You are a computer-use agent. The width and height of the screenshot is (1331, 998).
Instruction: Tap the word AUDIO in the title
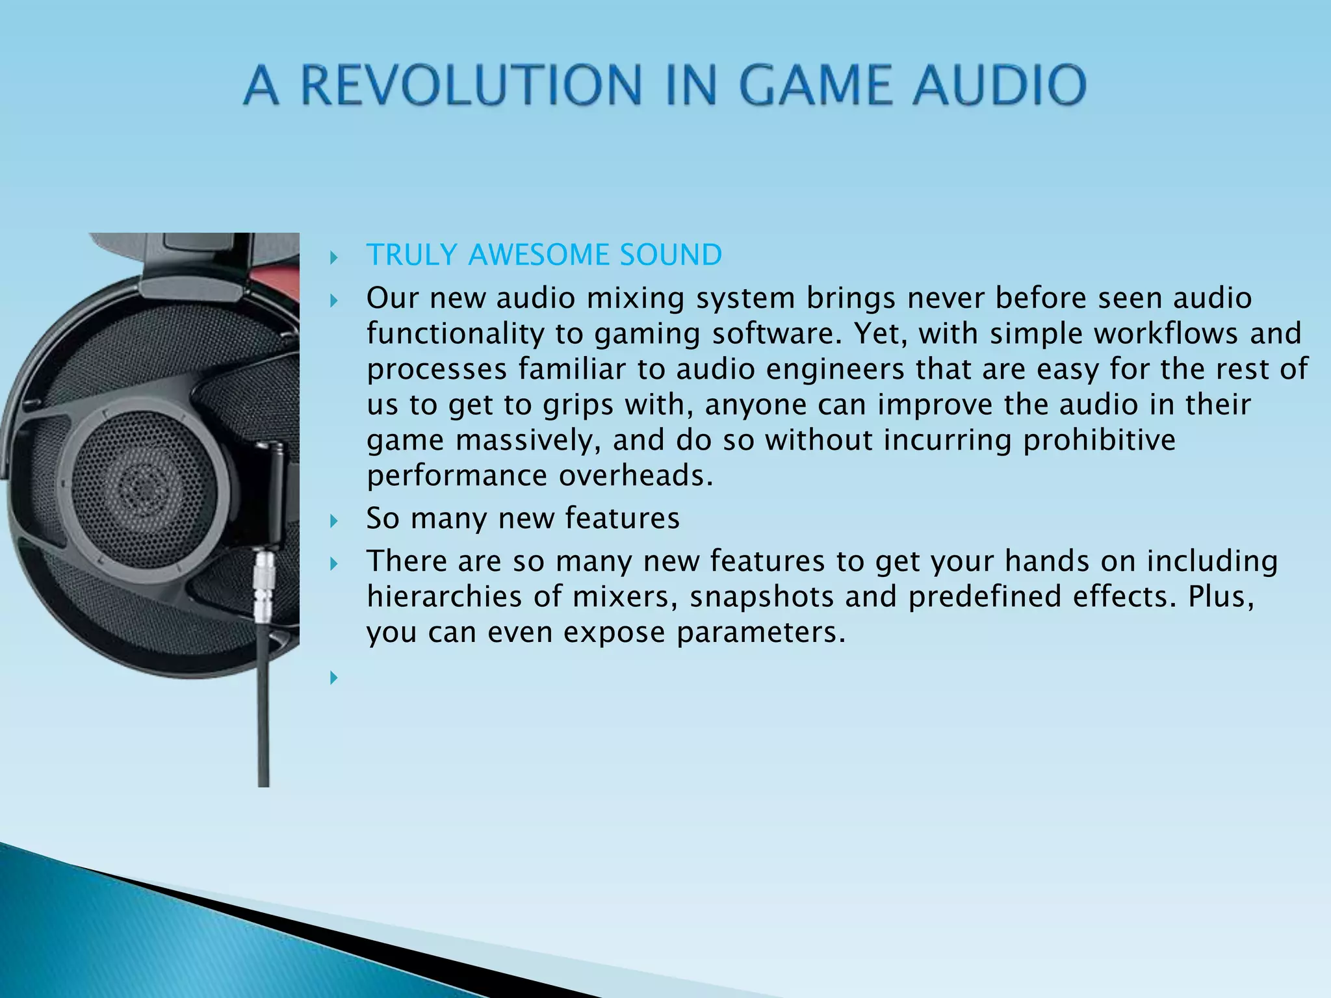999,85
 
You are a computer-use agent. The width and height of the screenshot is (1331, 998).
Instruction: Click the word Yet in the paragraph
875,333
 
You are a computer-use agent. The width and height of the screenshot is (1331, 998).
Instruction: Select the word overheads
636,476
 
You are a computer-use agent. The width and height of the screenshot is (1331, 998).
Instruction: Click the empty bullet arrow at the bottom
334,678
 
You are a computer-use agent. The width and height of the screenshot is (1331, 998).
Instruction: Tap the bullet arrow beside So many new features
334,520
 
